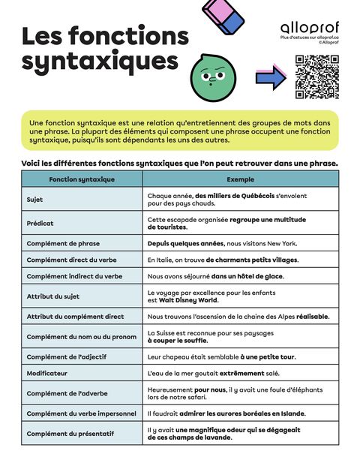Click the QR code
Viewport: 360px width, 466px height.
(x=316, y=77)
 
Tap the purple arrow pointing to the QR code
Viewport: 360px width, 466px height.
(x=271, y=75)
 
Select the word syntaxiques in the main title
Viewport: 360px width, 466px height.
(x=100, y=60)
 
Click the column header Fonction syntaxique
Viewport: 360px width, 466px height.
(x=82, y=179)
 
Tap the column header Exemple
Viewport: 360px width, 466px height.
(x=240, y=179)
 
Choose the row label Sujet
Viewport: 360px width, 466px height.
(x=35, y=200)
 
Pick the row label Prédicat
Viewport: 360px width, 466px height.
(x=40, y=223)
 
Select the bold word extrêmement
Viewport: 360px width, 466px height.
(x=241, y=373)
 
